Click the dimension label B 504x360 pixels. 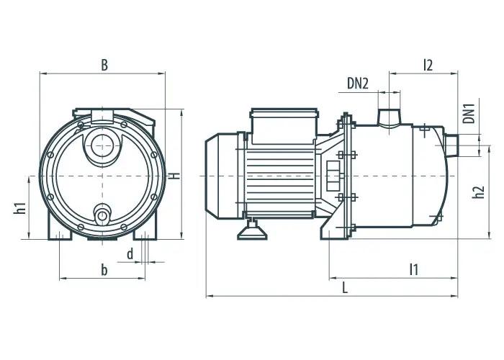point(104,65)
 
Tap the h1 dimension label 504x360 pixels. point(21,208)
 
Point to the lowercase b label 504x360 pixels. point(104,270)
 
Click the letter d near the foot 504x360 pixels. point(130,254)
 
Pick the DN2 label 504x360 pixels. point(357,84)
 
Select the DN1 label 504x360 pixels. point(469,113)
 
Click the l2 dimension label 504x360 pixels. point(428,65)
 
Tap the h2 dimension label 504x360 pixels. point(479,192)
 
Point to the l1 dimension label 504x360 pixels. point(414,270)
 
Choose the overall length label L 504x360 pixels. point(345,288)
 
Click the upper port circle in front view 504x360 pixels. point(102,145)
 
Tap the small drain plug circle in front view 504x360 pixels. point(102,216)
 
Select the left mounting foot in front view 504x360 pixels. point(60,227)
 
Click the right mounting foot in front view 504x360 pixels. point(145,227)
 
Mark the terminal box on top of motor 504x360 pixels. point(284,126)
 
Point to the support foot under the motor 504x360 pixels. point(252,230)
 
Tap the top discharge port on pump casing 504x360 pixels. point(389,117)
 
